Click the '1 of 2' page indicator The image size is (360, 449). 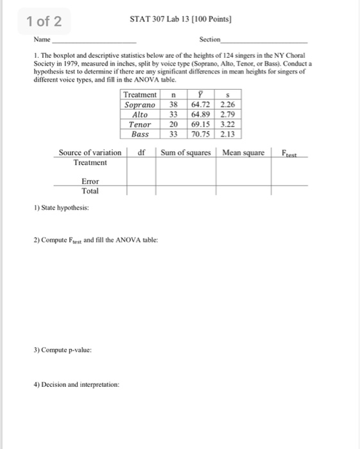[x=44, y=22]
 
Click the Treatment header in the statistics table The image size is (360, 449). [x=140, y=95]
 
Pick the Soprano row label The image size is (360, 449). [x=140, y=105]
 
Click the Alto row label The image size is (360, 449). [x=140, y=114]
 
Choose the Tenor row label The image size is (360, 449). [x=140, y=124]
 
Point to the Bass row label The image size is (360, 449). [x=140, y=134]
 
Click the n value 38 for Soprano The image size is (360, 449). [x=173, y=105]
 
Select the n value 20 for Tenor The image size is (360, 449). [x=173, y=124]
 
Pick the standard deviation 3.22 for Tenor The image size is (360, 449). [x=227, y=124]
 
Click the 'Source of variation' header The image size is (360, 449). [x=89, y=153]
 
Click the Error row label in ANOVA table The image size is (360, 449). [x=90, y=182]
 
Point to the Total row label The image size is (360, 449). [x=90, y=191]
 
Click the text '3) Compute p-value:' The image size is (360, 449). [x=62, y=351]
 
